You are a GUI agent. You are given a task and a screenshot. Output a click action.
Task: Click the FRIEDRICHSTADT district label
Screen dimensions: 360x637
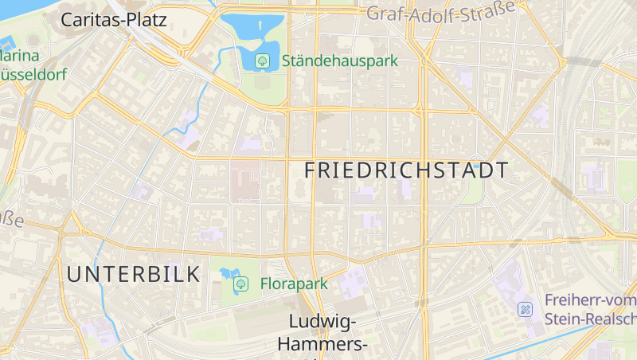pyautogui.click(x=406, y=170)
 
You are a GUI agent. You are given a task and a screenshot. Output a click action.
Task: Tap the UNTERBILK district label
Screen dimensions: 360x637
pyautogui.click(x=134, y=275)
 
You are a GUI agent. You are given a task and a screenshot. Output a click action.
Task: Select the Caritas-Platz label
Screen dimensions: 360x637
pyautogui.click(x=114, y=20)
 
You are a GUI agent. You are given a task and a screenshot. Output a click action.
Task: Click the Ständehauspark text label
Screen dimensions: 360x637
pyautogui.click(x=339, y=61)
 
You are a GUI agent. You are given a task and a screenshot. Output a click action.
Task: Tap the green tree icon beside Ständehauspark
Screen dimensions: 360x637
pyautogui.click(x=261, y=61)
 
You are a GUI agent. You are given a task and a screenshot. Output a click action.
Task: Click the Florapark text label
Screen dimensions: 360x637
pyautogui.click(x=294, y=284)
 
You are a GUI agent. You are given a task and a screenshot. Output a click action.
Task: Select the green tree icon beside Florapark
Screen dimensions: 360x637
pyautogui.click(x=240, y=284)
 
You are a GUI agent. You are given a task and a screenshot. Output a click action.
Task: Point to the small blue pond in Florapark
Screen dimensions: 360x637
pyautogui.click(x=229, y=273)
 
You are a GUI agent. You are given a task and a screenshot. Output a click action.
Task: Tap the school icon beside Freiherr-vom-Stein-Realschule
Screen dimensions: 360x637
pyautogui.click(x=526, y=309)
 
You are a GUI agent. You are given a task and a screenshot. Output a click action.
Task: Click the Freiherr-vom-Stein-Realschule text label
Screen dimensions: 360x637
pyautogui.click(x=590, y=310)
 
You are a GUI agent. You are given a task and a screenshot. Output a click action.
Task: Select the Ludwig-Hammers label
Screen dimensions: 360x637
pyautogui.click(x=322, y=333)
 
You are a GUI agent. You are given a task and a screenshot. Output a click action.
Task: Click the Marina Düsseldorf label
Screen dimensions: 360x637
pyautogui.click(x=32, y=66)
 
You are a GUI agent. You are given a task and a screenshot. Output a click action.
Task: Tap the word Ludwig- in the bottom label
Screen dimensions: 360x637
pyautogui.click(x=322, y=322)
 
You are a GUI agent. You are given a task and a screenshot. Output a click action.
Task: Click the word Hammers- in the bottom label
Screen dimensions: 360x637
pyautogui.click(x=322, y=344)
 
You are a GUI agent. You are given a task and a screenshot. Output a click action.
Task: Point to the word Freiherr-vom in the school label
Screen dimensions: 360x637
pyautogui.click(x=590, y=300)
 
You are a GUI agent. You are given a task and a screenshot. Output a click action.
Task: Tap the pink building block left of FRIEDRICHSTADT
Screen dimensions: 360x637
pyautogui.click(x=245, y=182)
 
